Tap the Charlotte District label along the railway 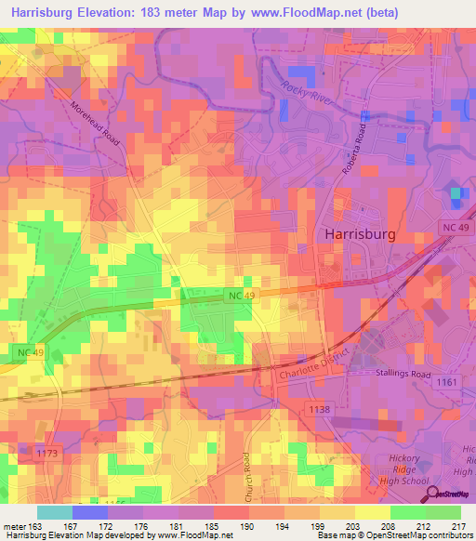point(314,364)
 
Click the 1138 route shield point(319,408)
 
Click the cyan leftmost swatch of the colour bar point(54,512)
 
